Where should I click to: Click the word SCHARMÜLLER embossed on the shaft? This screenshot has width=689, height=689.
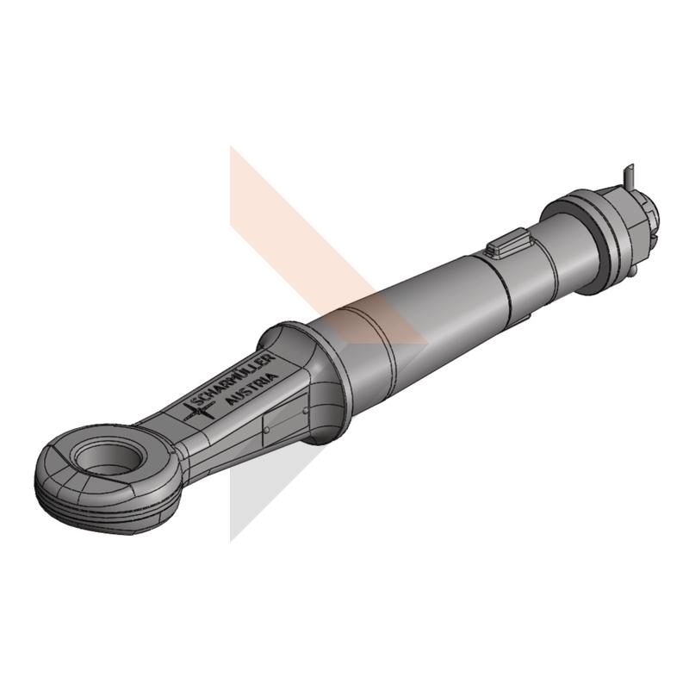click(234, 380)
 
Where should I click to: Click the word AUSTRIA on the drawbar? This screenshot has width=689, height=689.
click(252, 389)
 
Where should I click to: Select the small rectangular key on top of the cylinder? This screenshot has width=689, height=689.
click(508, 242)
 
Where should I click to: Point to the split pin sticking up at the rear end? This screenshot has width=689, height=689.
click(629, 176)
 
